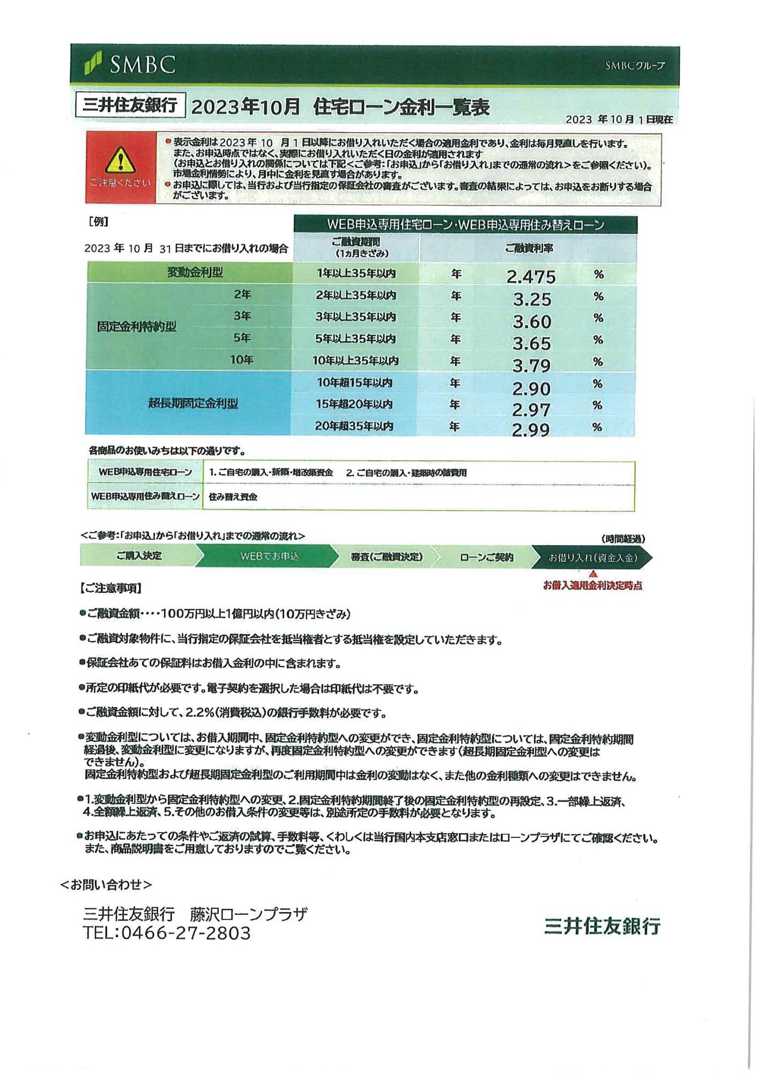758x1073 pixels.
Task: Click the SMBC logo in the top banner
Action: pyautogui.click(x=130, y=64)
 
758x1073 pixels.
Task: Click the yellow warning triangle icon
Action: pyautogui.click(x=121, y=160)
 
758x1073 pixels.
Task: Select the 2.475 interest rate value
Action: pyautogui.click(x=531, y=277)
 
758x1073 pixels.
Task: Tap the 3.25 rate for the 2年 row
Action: pyautogui.click(x=531, y=299)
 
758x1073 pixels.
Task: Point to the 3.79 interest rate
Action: pyautogui.click(x=531, y=365)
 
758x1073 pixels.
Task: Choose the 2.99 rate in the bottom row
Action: pyautogui.click(x=530, y=430)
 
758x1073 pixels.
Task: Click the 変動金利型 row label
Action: pyautogui.click(x=195, y=273)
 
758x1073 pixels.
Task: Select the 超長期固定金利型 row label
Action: pyautogui.click(x=193, y=403)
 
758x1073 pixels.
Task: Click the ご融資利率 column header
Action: pyautogui.click(x=529, y=248)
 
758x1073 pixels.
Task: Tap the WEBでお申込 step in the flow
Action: pyautogui.click(x=269, y=556)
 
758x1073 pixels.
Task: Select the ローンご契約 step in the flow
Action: pyautogui.click(x=486, y=557)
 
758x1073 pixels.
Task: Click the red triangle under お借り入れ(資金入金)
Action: pyautogui.click(x=593, y=574)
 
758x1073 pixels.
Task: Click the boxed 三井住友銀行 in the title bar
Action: pyautogui.click(x=130, y=105)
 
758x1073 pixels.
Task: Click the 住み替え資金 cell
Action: pyautogui.click(x=233, y=497)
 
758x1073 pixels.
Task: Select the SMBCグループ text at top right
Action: pyautogui.click(x=635, y=65)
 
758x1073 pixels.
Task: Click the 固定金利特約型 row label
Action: pyautogui.click(x=137, y=327)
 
